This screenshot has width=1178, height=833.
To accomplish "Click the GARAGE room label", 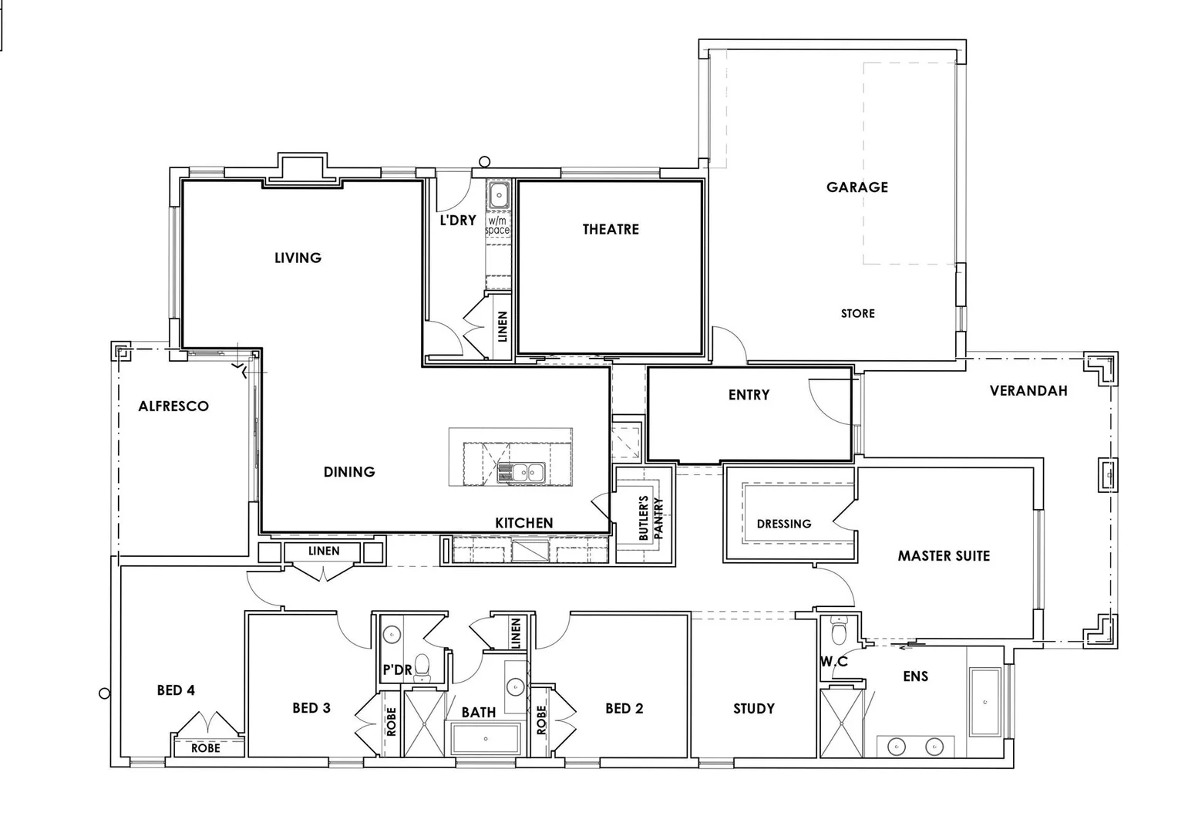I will pyautogui.click(x=857, y=187).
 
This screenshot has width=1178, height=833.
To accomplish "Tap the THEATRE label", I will pyautogui.click(x=610, y=229).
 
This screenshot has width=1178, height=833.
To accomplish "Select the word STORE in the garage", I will pyautogui.click(x=857, y=313).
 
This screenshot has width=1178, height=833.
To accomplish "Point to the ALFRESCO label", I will pyautogui.click(x=173, y=406).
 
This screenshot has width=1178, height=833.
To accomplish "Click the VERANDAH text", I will pyautogui.click(x=1028, y=390).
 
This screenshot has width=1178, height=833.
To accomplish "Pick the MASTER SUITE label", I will pyautogui.click(x=943, y=555).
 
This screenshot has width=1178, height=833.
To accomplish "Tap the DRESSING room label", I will pyautogui.click(x=783, y=524).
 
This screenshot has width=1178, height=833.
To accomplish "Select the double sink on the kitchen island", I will pyautogui.click(x=521, y=471).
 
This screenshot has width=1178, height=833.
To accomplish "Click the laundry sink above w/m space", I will pyautogui.click(x=499, y=195).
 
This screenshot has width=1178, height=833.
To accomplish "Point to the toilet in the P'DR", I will pyautogui.click(x=422, y=666).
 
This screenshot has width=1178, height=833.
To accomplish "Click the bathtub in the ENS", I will pyautogui.click(x=984, y=702).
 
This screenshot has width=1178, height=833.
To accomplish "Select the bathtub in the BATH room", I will pyautogui.click(x=486, y=739).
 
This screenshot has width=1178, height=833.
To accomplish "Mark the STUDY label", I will pyautogui.click(x=753, y=708).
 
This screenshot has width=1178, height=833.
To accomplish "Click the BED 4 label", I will pyautogui.click(x=176, y=690).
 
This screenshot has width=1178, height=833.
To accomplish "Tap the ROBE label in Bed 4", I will pyautogui.click(x=206, y=747).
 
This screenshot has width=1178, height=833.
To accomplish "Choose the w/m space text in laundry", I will pyautogui.click(x=497, y=225).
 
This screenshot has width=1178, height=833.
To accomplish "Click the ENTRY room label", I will pyautogui.click(x=749, y=395).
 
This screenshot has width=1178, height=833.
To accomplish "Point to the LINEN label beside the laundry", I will pyautogui.click(x=503, y=326).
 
